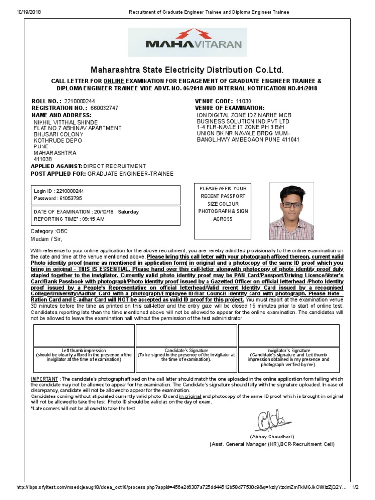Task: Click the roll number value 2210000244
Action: (x=79, y=101)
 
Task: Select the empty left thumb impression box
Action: (x=83, y=335)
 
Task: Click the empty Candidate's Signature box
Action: (x=186, y=335)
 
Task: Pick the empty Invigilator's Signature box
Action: (x=288, y=335)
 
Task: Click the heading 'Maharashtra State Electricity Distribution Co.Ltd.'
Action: (x=187, y=70)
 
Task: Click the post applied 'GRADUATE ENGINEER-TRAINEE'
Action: (x=131, y=174)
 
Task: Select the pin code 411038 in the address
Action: (x=42, y=159)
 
